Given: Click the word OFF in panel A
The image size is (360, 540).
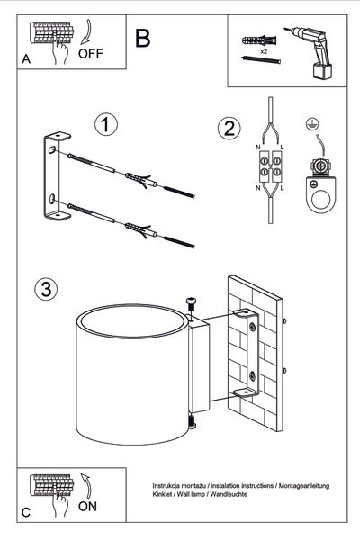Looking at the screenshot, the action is point(91,53).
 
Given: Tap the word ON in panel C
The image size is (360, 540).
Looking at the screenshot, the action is point(87,506).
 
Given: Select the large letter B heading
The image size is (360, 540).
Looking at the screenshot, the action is point(142,38).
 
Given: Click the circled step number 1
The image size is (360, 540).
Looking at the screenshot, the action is point(106,125).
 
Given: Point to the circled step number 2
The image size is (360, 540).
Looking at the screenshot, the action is point(229,129).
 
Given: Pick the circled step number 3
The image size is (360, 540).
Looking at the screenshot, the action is point(46,289).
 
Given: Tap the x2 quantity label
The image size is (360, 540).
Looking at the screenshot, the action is point(264,51).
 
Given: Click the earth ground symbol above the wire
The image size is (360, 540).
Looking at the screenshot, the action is point(311,123).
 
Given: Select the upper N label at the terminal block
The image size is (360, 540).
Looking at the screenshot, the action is point(257,148).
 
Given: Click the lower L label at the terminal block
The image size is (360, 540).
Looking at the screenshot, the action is point(282,188).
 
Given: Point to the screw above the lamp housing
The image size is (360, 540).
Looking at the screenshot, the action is point(191,304).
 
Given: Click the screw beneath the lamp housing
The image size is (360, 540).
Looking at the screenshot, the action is point(192,423).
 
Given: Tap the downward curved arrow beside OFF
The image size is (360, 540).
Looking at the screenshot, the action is point(86,32).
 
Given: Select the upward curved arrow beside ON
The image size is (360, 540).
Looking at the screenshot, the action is point(86,486).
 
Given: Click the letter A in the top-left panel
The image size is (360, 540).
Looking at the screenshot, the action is point(26,59).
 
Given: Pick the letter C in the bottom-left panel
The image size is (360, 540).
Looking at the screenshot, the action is point(26,512).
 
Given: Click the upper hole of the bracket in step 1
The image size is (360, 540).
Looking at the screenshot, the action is point(51,149).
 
